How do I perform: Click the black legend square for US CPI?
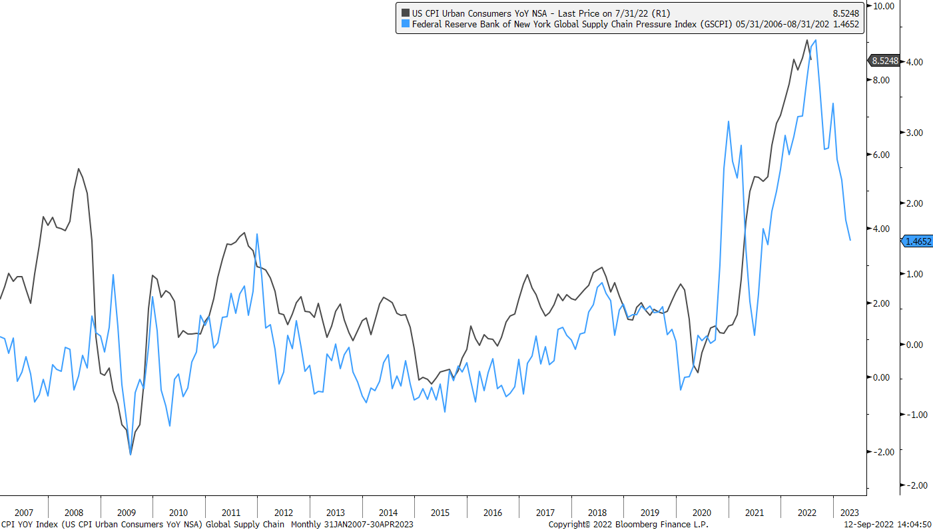click(x=405, y=13)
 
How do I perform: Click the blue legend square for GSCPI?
click(x=405, y=25)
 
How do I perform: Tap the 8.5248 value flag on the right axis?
click(x=883, y=61)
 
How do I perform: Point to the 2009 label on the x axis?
click(x=127, y=513)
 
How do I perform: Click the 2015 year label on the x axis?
click(x=440, y=513)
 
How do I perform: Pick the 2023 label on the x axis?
click(x=850, y=513)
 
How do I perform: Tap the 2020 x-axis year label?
click(x=702, y=513)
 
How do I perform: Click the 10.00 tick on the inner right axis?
click(x=882, y=6)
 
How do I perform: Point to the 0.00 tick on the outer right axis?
click(x=916, y=344)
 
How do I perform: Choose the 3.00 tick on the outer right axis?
click(x=916, y=133)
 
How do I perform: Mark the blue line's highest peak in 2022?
click(x=816, y=40)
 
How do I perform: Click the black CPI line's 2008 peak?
click(x=79, y=169)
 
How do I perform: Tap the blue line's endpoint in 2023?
click(x=850, y=240)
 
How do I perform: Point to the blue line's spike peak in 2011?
click(x=257, y=234)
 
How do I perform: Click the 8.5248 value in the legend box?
click(x=846, y=13)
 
